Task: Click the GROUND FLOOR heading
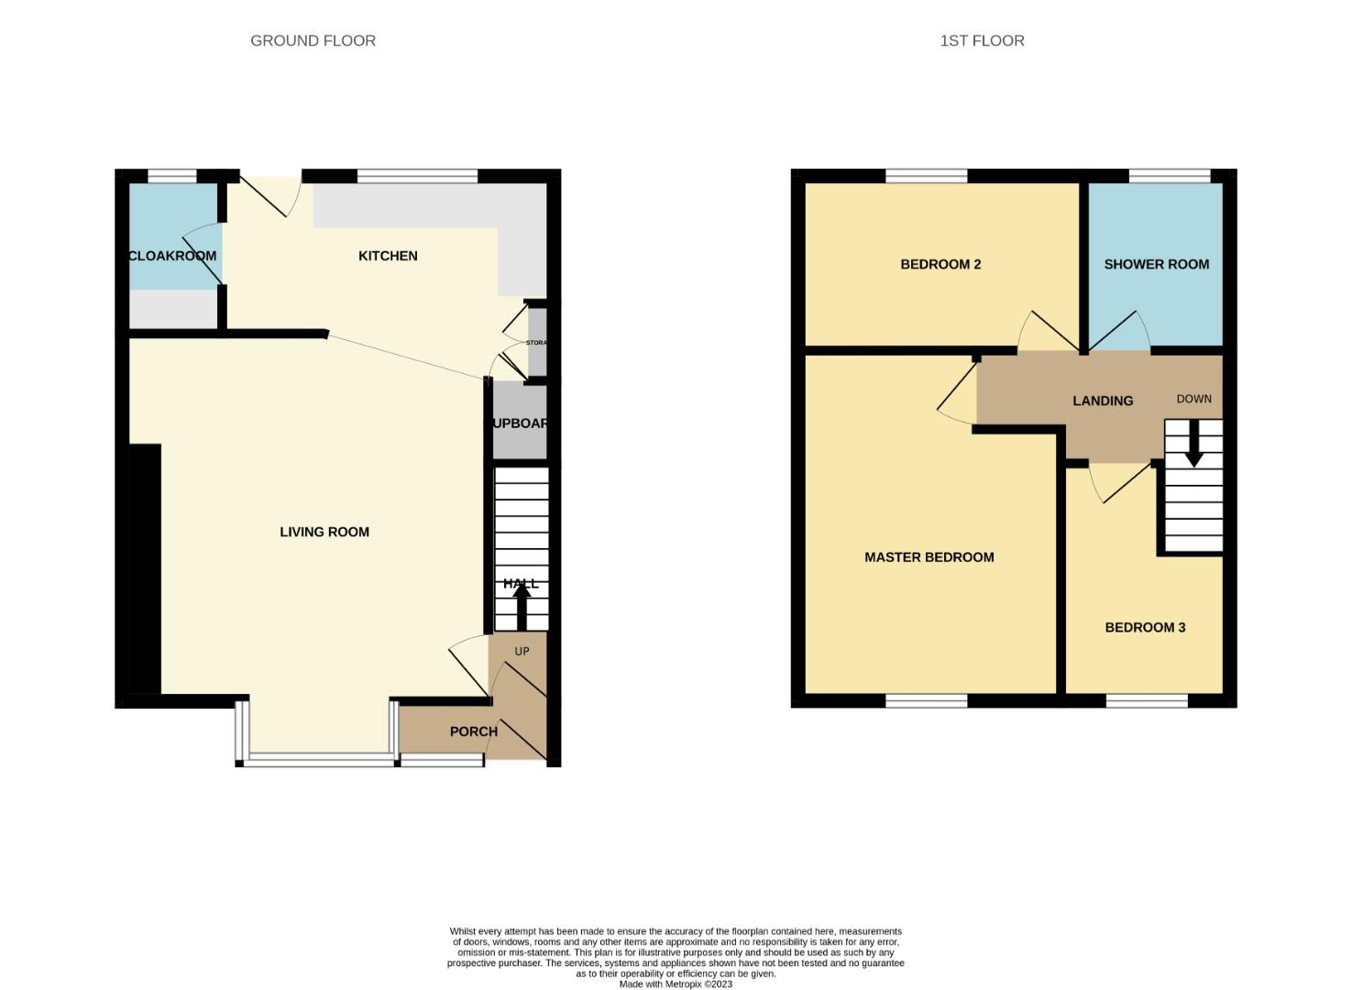click(x=313, y=40)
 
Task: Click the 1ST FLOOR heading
click(x=982, y=40)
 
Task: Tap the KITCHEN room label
click(x=388, y=256)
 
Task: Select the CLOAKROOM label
click(x=172, y=256)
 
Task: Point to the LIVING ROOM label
click(x=324, y=532)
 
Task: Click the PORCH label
click(x=473, y=731)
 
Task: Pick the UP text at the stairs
click(x=522, y=652)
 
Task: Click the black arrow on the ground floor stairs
click(x=521, y=606)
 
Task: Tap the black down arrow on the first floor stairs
click(x=1193, y=450)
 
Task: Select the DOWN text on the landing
click(x=1193, y=399)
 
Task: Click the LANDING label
click(x=1103, y=401)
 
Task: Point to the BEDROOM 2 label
click(x=940, y=264)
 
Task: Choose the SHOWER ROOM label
click(x=1156, y=264)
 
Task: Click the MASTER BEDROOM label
click(x=929, y=557)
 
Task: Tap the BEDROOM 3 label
click(x=1145, y=627)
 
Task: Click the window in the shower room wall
click(x=1170, y=176)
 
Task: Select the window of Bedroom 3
click(x=1147, y=701)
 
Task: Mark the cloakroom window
click(x=172, y=176)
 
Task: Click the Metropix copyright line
click(x=676, y=984)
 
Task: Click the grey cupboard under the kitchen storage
click(x=520, y=423)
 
